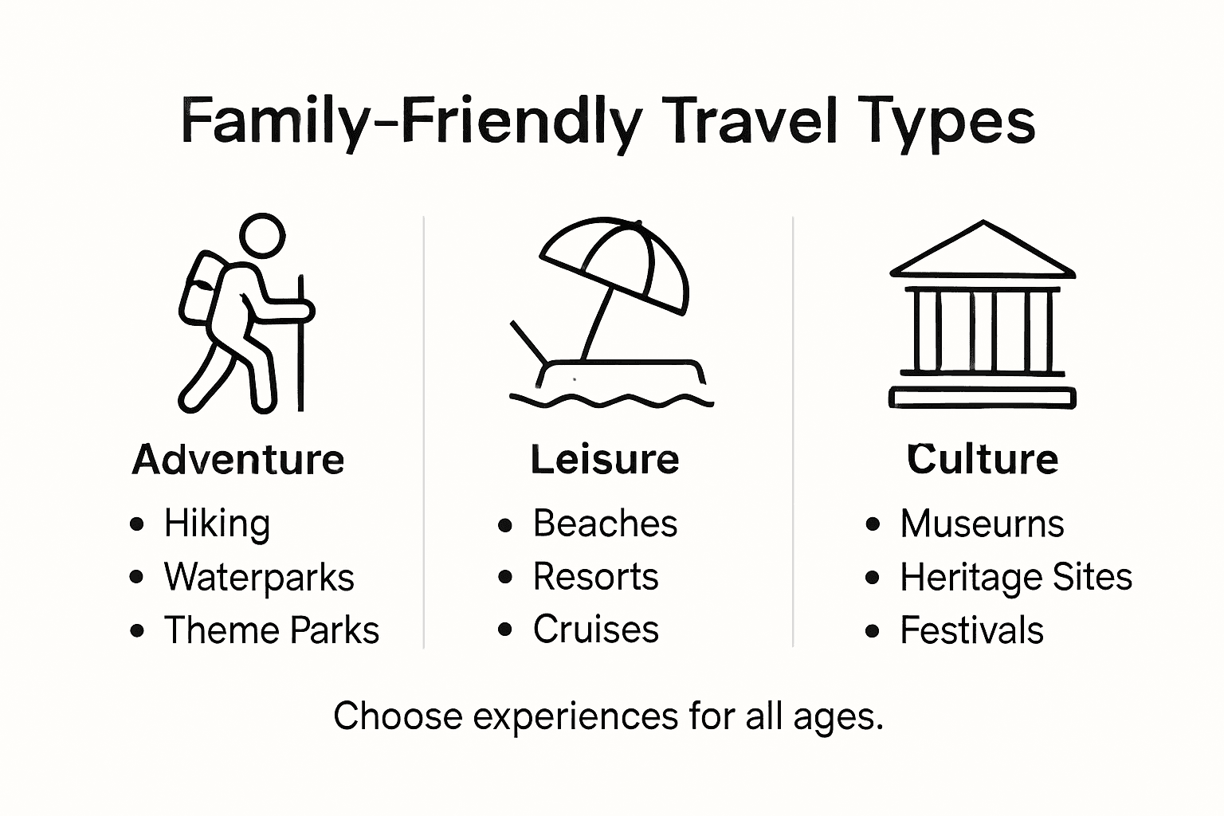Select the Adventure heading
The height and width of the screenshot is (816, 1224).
pos(238,460)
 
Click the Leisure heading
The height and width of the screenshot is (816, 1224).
pos(605,460)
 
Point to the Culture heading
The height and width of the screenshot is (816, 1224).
pos(983,460)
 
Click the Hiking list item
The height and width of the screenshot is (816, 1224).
pos(217,524)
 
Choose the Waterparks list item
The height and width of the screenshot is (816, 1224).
pos(259,577)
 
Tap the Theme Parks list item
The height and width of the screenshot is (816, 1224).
pos(271,630)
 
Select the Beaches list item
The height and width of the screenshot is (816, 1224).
pos(605,524)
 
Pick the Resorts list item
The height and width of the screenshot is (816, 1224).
pos(595,577)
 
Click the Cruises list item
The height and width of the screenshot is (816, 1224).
pos(595,630)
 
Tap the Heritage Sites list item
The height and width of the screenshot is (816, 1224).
pos(1015,577)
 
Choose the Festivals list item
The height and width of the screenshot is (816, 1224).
pos(971,630)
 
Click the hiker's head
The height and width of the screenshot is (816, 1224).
pos(262,236)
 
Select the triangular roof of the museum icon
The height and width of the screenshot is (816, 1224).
pos(983,254)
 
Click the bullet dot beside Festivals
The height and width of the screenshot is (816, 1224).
pos(873,631)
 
